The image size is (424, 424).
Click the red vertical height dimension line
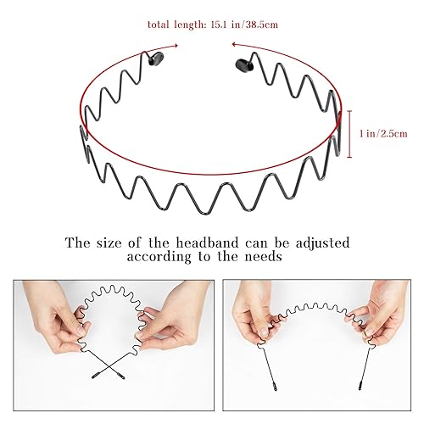(351, 133)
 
